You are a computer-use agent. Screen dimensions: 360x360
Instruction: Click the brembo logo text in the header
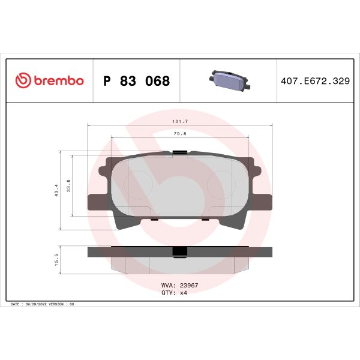click(x=58, y=81)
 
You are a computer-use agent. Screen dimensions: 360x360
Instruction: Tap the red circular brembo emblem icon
click(x=22, y=81)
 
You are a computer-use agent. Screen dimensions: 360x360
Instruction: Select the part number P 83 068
click(x=137, y=81)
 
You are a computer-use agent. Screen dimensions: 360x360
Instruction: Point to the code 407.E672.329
click(x=315, y=81)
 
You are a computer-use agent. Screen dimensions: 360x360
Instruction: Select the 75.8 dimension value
click(x=179, y=134)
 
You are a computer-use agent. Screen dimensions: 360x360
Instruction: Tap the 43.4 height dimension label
click(x=57, y=190)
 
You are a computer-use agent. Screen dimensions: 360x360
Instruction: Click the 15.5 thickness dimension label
click(x=57, y=259)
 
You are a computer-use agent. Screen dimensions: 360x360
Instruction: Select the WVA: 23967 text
click(x=180, y=287)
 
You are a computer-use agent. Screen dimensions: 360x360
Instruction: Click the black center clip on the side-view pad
click(x=178, y=252)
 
